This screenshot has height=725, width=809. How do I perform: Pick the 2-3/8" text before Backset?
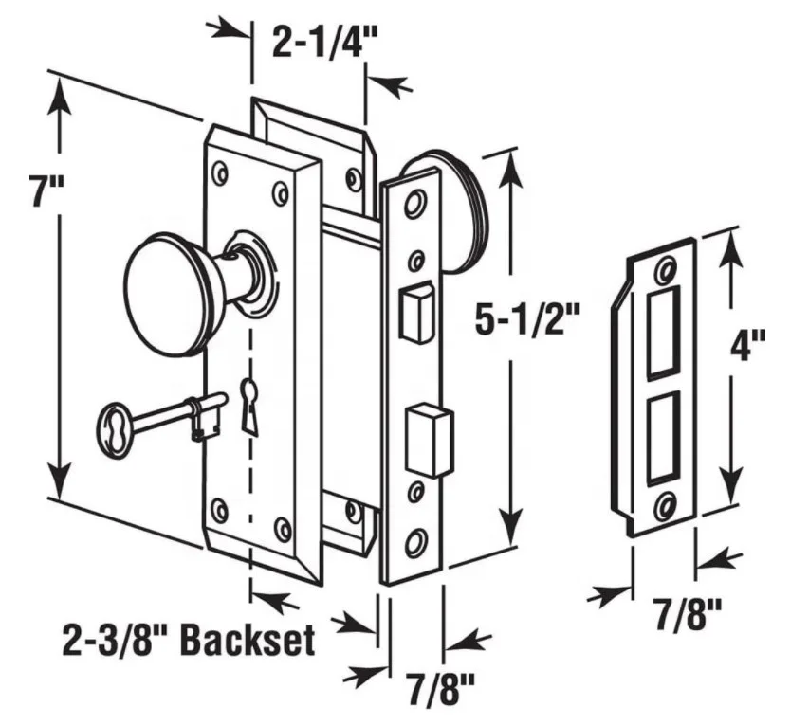[113, 642]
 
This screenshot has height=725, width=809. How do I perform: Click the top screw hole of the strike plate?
[666, 270]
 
